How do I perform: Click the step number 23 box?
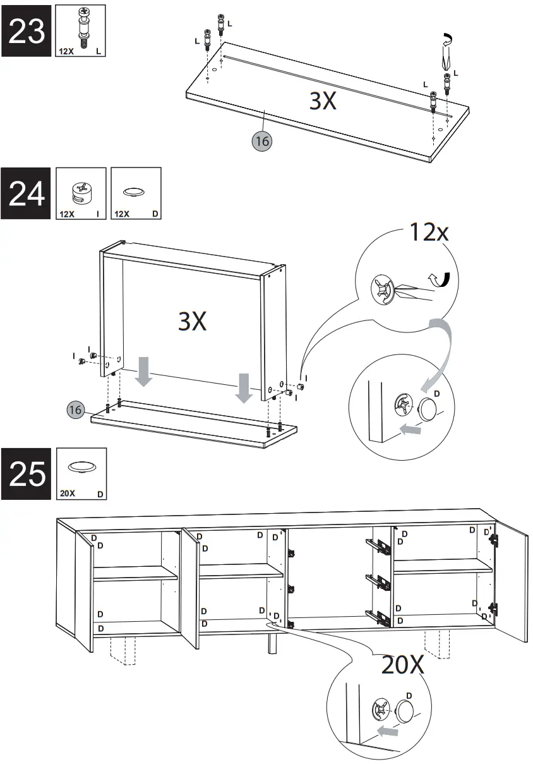pyautogui.click(x=27, y=30)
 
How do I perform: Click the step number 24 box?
pyautogui.click(x=27, y=193)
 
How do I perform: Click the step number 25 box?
pyautogui.click(x=27, y=474)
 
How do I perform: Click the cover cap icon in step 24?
pyautogui.click(x=135, y=191)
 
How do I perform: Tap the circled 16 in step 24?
pyautogui.click(x=76, y=410)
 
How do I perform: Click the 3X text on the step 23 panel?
pyautogui.click(x=323, y=100)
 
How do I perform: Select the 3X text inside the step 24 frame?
pyautogui.click(x=193, y=322)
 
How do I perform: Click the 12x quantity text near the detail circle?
pyautogui.click(x=429, y=233)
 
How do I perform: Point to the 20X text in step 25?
pyautogui.click(x=403, y=665)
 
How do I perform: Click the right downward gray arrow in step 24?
pyautogui.click(x=243, y=387)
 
